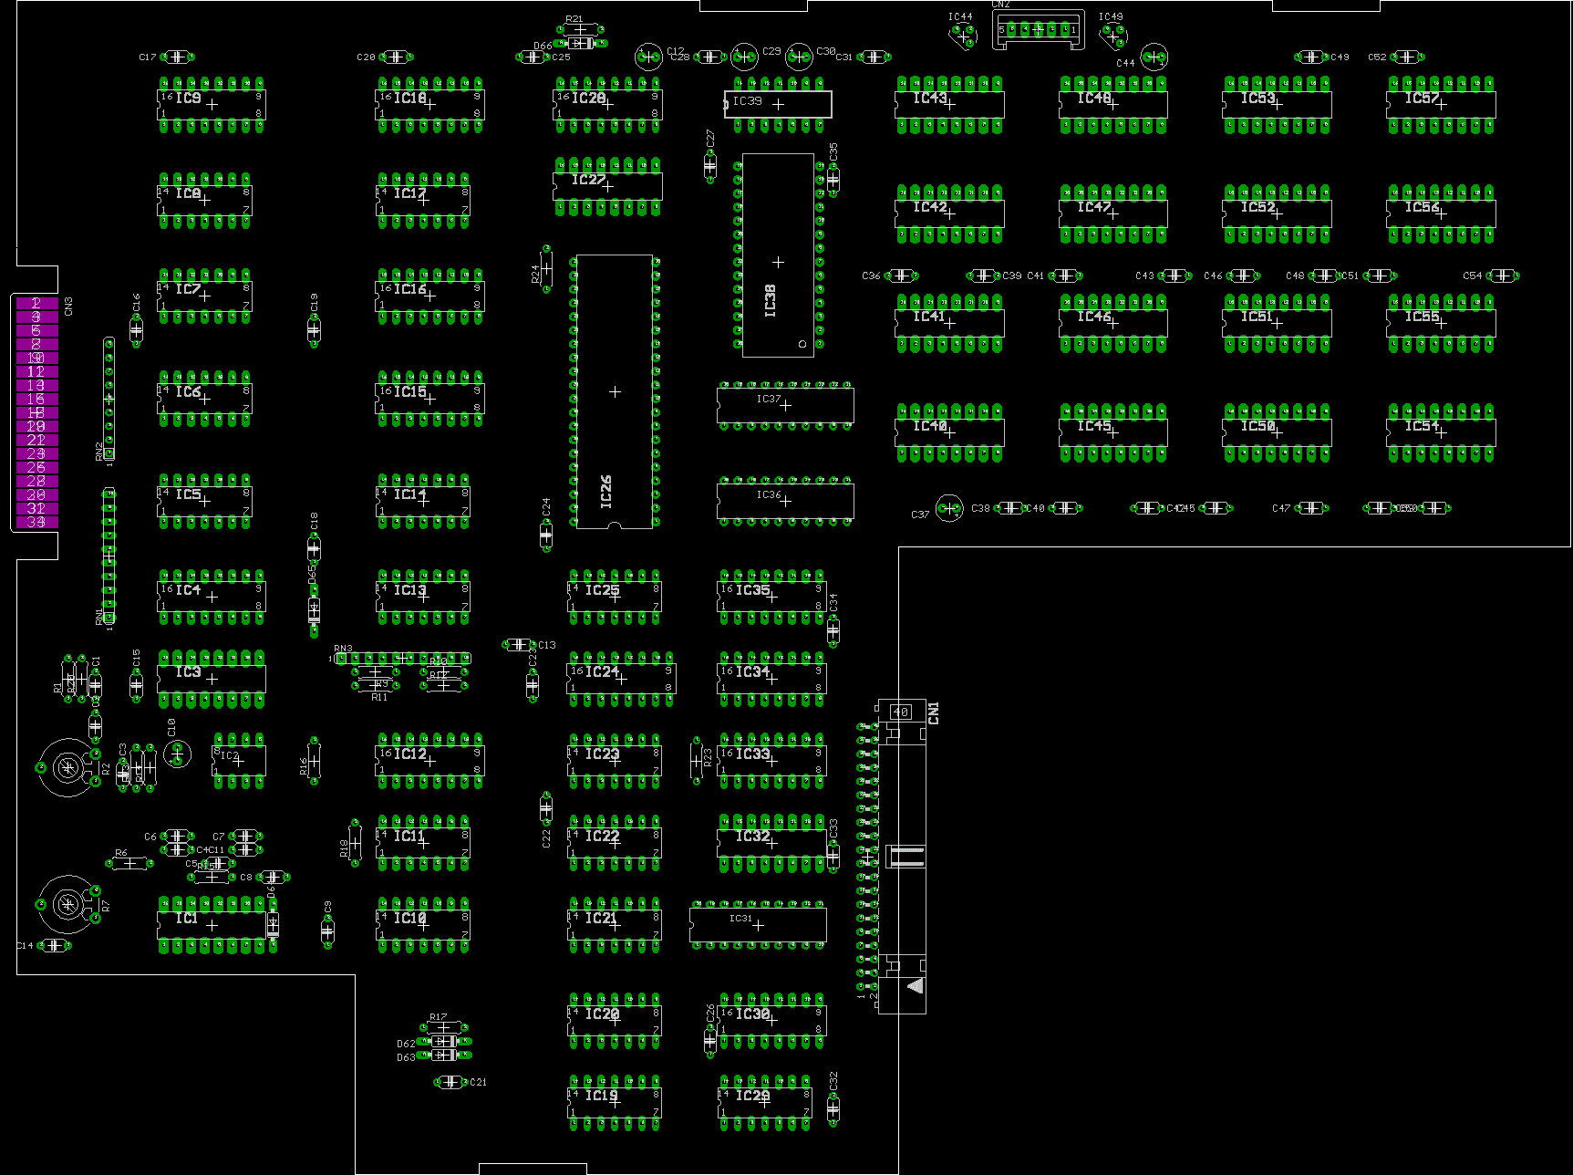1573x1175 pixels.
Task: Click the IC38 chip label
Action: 771,301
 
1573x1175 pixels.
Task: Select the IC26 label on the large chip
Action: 606,491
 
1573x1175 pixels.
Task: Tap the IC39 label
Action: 747,101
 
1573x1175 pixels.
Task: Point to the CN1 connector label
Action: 933,713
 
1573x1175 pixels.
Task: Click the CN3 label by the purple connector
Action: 68,307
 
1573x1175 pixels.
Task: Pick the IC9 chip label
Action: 188,98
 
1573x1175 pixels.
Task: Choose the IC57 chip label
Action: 1421,98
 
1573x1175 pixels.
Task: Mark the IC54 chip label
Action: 1421,426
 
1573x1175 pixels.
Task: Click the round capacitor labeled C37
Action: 949,508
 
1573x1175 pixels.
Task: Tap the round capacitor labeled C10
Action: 178,754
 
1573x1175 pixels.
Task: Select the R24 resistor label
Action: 535,274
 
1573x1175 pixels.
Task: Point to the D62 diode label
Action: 406,1044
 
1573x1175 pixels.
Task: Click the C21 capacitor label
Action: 478,1082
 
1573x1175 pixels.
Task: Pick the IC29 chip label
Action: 752,1095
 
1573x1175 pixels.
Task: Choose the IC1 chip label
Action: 186,918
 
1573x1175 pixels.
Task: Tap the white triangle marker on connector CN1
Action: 916,985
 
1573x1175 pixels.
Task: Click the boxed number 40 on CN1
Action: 901,712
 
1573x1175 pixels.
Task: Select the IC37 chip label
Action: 768,399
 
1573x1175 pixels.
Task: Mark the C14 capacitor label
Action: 25,946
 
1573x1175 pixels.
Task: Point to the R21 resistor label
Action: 574,19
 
